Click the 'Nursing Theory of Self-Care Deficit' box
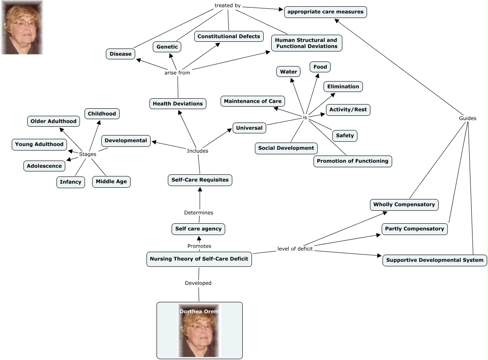(199, 259)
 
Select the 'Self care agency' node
(198, 229)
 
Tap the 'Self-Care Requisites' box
(200, 180)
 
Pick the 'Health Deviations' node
(177, 103)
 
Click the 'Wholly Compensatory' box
(404, 204)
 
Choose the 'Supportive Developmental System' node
(434, 260)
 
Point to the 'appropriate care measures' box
(325, 12)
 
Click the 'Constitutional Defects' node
(229, 36)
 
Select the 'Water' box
(288, 71)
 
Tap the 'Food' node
(320, 67)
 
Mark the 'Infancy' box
(70, 182)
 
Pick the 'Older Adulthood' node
(54, 121)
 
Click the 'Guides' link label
(467, 118)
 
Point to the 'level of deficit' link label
(295, 249)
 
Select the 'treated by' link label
(227, 5)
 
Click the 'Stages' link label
(87, 154)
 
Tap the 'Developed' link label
(198, 283)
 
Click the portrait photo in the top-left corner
(22, 28)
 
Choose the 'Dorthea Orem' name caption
(199, 311)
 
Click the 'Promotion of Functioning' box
(352, 161)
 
